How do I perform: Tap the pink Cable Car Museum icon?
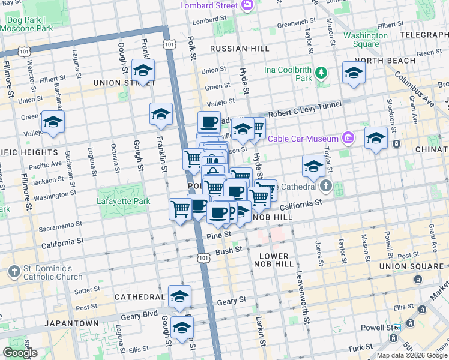(x=348, y=139)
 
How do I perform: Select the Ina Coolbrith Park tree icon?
(x=322, y=73)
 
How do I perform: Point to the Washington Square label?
(x=365, y=40)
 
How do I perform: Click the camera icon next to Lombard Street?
(x=247, y=5)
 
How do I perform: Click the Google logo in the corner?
(x=19, y=353)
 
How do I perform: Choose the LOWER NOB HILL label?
(x=273, y=260)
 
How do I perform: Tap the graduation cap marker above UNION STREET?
(x=143, y=71)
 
